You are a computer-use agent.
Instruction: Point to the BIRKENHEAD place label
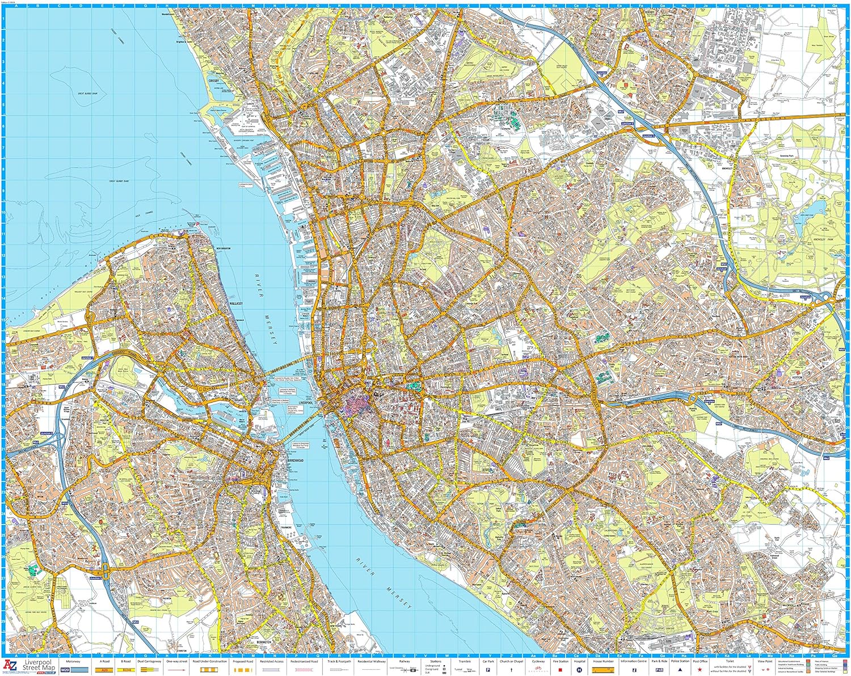[x=296, y=460]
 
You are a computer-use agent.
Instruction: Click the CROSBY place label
[x=214, y=81]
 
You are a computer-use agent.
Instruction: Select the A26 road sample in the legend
[x=105, y=669]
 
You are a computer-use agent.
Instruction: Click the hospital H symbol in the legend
[x=579, y=669]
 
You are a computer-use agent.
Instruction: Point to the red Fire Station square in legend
[x=560, y=669]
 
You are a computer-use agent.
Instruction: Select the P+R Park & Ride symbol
[x=659, y=669]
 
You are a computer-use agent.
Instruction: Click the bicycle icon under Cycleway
[x=538, y=670]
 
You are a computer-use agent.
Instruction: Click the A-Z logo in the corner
[x=10, y=665]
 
